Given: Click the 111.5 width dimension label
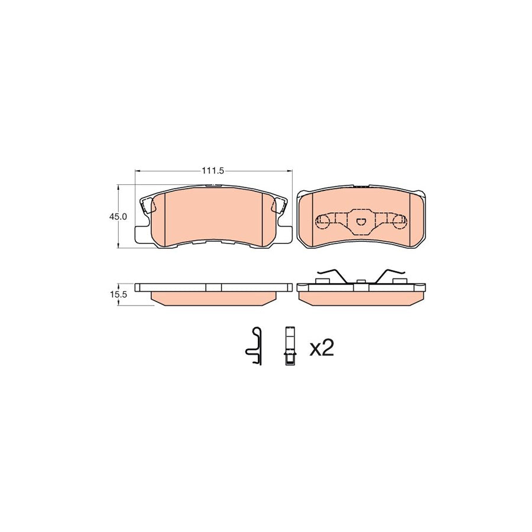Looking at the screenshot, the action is coord(213,171).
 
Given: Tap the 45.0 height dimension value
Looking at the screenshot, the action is coord(118,216).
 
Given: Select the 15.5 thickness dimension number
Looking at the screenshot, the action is coord(118,294).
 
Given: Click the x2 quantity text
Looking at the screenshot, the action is coord(322,348).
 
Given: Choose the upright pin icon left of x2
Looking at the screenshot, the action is coord(290,346).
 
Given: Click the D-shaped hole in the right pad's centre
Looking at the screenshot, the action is coord(361,222).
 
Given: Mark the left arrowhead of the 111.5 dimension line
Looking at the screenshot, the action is coord(138,171).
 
